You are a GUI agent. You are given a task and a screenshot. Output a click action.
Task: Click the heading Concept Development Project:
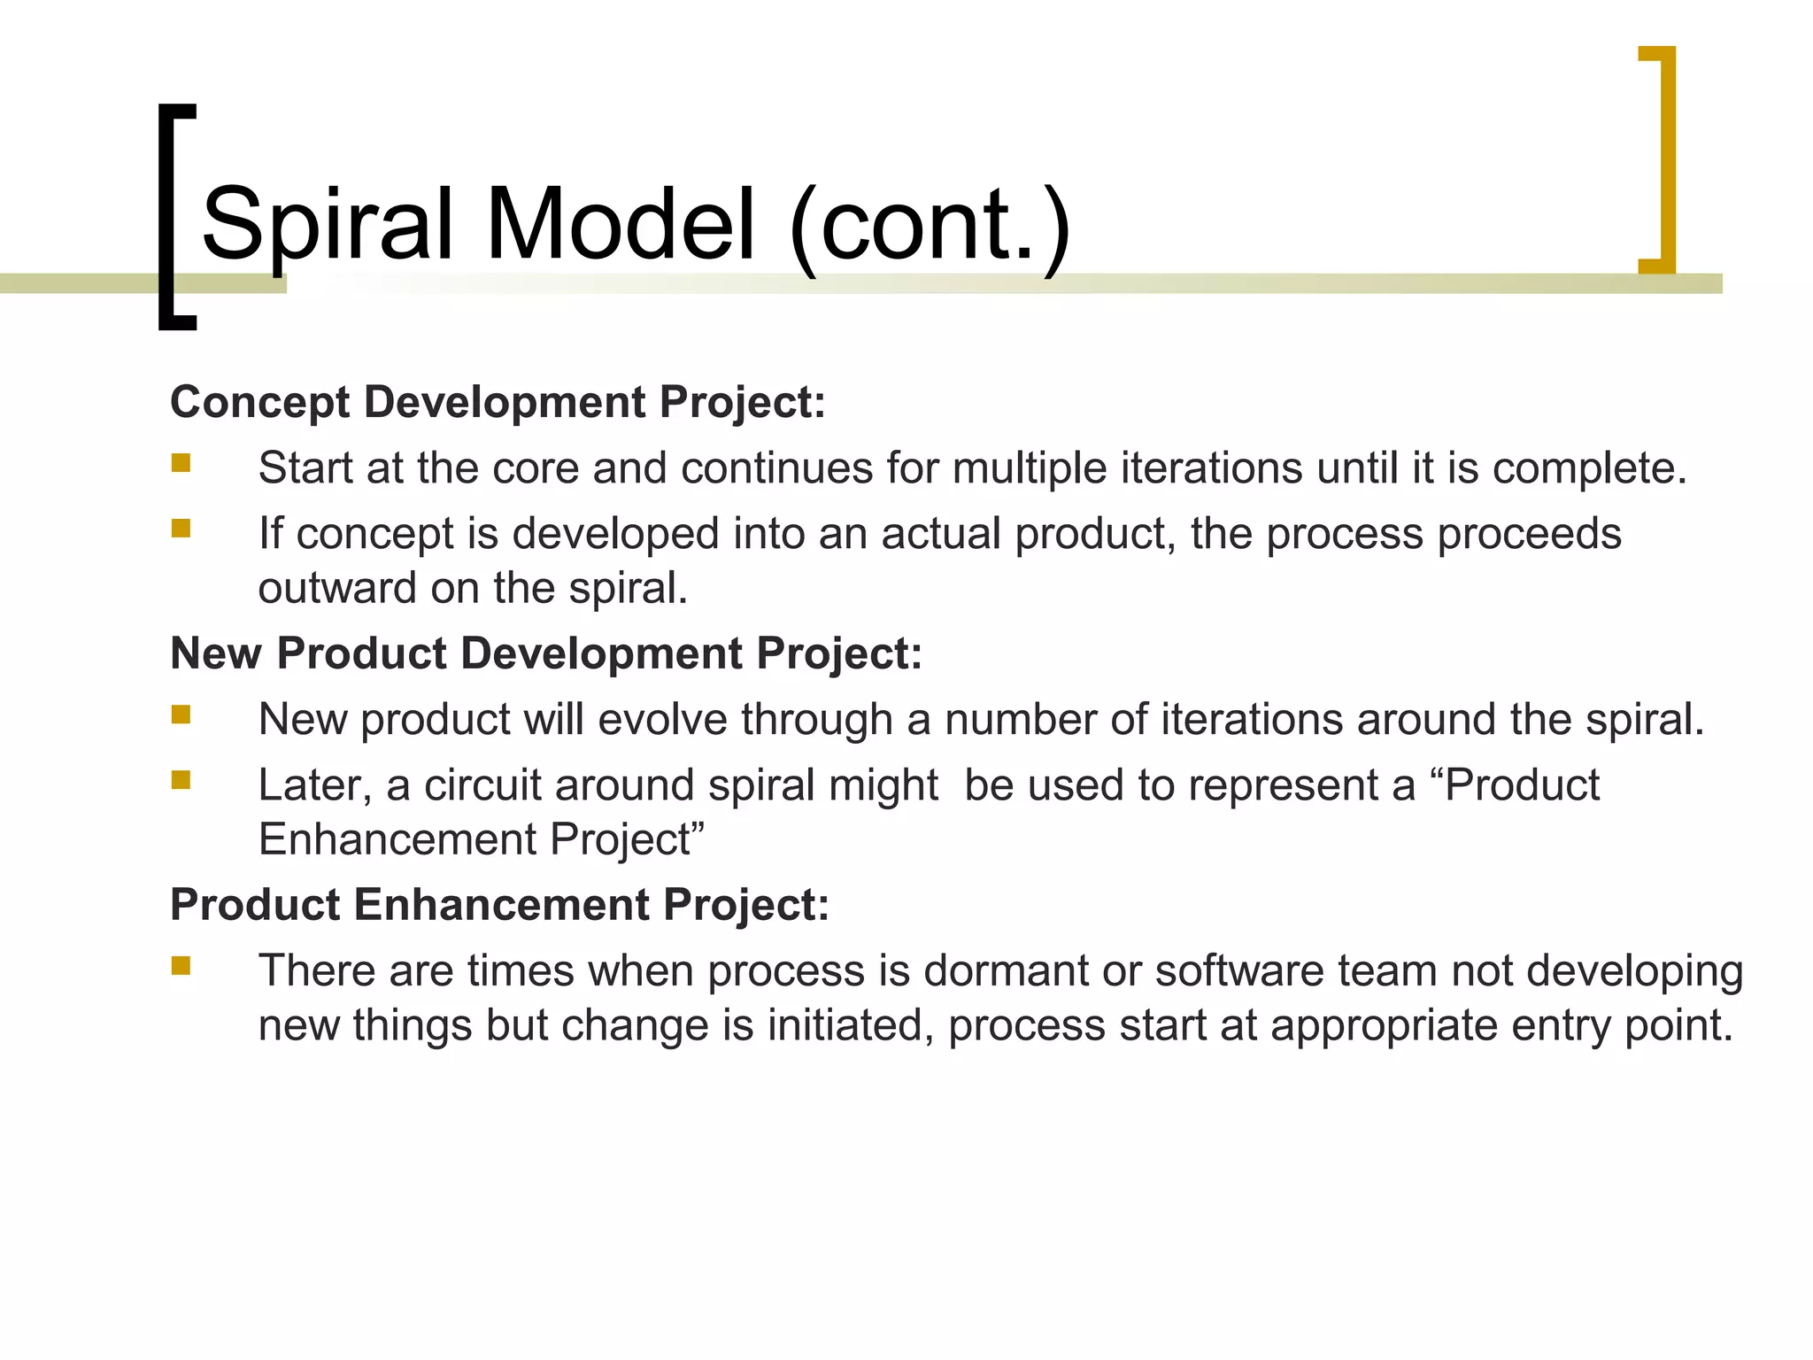[498, 402]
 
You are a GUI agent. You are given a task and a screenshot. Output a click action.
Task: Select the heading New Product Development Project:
[546, 653]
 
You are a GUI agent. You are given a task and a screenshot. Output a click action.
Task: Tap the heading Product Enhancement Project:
[499, 905]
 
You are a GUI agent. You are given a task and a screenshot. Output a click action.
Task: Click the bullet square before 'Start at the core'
[181, 463]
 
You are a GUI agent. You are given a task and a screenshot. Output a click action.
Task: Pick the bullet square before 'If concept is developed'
[181, 529]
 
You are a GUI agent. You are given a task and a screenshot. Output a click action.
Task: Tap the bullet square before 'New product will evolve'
[181, 715]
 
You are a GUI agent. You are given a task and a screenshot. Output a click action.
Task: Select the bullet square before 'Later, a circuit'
[181, 780]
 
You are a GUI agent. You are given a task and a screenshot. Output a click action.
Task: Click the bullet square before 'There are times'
[181, 966]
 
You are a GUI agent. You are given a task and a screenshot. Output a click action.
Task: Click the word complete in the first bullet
[1589, 469]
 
